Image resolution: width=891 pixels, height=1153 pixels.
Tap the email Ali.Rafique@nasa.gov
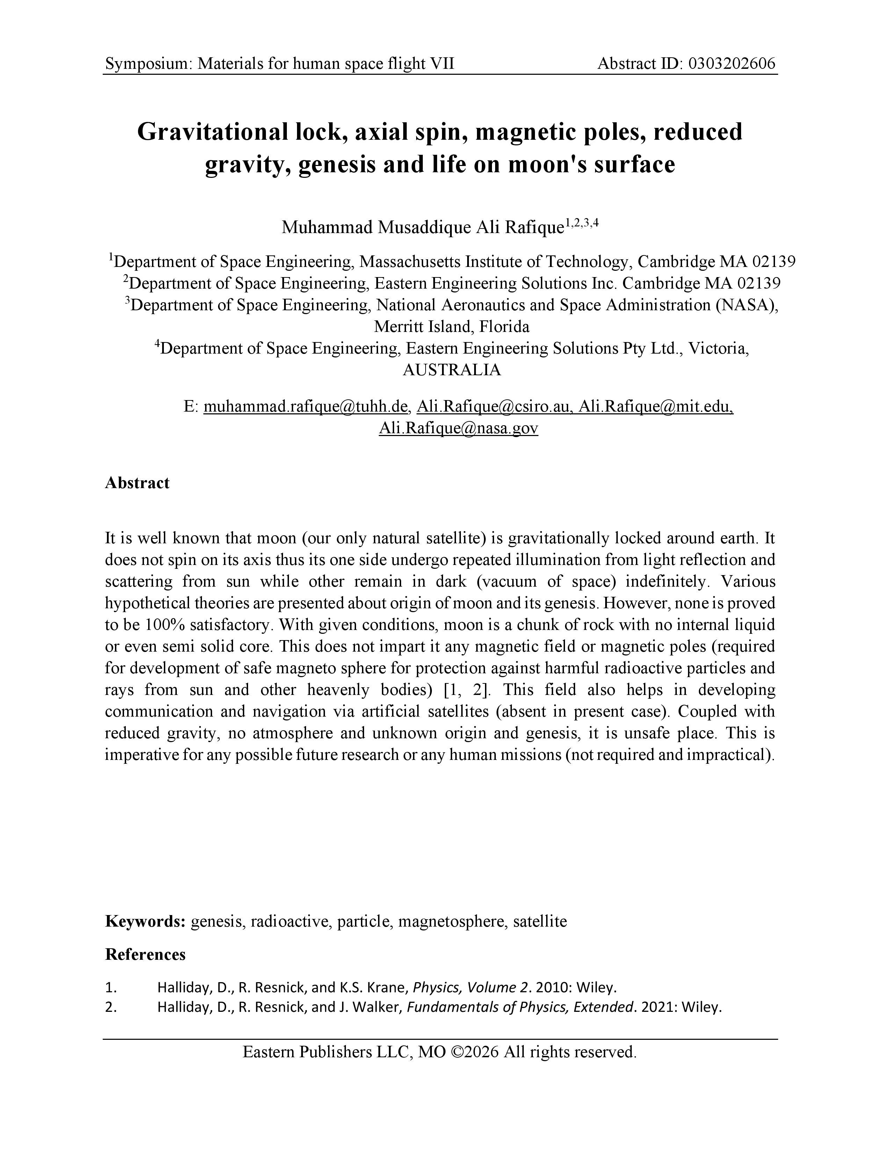pos(458,428)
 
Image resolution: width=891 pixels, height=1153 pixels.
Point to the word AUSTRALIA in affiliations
pos(451,370)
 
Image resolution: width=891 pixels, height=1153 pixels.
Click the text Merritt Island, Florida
pos(451,327)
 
